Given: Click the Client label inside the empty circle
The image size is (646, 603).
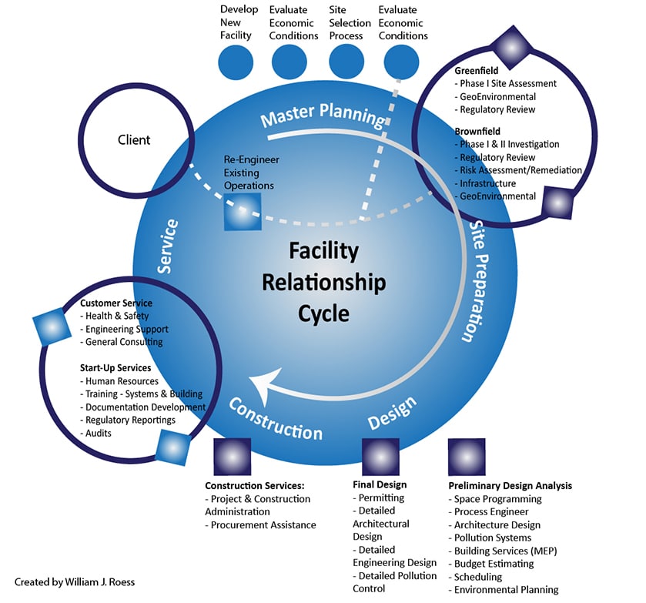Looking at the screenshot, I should click(134, 140).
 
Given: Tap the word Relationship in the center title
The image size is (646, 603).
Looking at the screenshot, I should click(323, 283).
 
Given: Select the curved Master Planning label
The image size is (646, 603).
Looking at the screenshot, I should click(322, 118).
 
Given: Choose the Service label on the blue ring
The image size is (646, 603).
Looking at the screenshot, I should click(169, 247).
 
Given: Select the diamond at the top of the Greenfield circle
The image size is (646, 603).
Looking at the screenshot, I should click(509, 46).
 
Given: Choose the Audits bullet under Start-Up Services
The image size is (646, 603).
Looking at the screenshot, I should click(99, 434).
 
